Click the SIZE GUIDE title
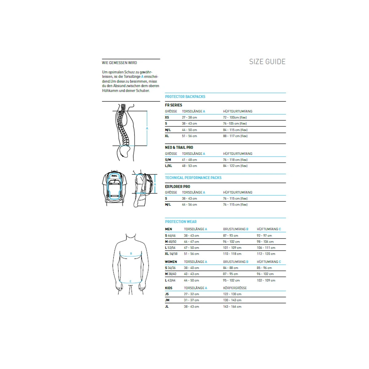(x=267, y=61)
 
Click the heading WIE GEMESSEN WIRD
(x=119, y=63)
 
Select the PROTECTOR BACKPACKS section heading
(x=185, y=97)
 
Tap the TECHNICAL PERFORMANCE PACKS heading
(x=193, y=178)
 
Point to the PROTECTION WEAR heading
(x=181, y=222)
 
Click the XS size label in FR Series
(x=167, y=117)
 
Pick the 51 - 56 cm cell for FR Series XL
(x=189, y=136)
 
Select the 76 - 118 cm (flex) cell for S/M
(x=235, y=160)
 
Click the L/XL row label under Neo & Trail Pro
(x=169, y=166)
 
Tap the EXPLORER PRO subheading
(x=177, y=187)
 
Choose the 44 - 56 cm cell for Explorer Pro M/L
(x=189, y=204)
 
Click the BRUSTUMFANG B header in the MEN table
(x=236, y=229)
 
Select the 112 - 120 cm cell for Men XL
(x=266, y=254)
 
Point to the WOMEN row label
(x=171, y=262)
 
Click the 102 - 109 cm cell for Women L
(x=266, y=280)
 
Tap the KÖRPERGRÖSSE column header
(x=235, y=288)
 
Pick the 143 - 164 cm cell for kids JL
(x=232, y=307)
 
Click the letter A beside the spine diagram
(x=147, y=128)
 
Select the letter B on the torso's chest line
(x=131, y=254)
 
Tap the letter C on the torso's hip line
(x=130, y=281)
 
